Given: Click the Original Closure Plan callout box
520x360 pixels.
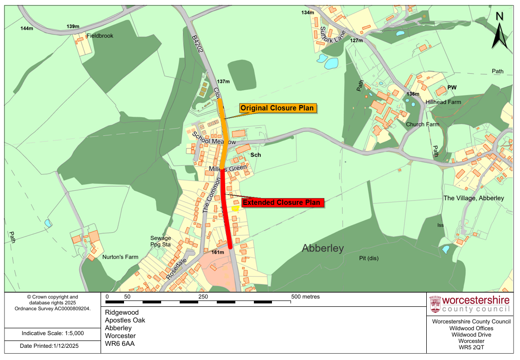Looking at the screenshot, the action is pyautogui.click(x=277, y=108).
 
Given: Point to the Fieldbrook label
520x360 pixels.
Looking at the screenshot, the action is pyautogui.click(x=100, y=36).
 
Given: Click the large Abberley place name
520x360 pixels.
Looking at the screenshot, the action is pyautogui.click(x=323, y=248).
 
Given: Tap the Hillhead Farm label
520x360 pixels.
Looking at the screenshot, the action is pyautogui.click(x=443, y=102).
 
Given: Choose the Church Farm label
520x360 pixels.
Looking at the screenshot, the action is pyautogui.click(x=422, y=124).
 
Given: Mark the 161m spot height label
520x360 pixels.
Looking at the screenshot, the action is pyautogui.click(x=218, y=253).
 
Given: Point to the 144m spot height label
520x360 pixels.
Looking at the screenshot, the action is pyautogui.click(x=27, y=28).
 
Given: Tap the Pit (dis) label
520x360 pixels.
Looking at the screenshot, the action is pyautogui.click(x=369, y=258).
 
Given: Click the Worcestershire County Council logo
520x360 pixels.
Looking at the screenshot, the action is pyautogui.click(x=469, y=304).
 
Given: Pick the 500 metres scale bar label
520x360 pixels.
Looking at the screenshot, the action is pyautogui.click(x=305, y=297).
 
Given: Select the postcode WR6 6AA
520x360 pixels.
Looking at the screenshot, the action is pyautogui.click(x=120, y=343).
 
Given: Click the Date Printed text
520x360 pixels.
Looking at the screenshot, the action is pyautogui.click(x=49, y=346).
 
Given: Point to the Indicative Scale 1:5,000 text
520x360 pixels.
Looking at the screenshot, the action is pyautogui.click(x=53, y=334).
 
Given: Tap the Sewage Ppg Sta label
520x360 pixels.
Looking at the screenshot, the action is pyautogui.click(x=161, y=241).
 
